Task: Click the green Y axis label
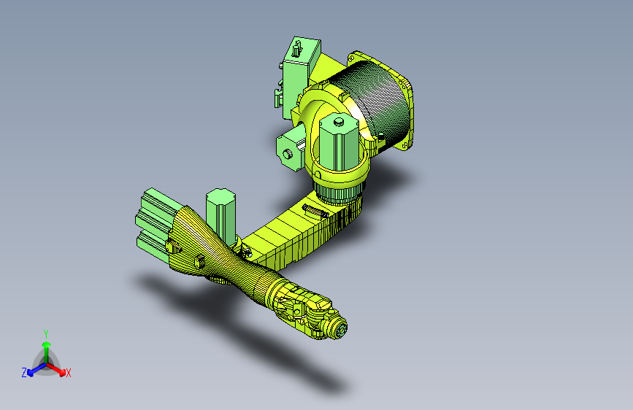point(45,333)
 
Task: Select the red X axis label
point(69,374)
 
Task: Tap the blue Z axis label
point(23,373)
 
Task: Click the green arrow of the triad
point(45,347)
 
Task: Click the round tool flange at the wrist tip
point(339,330)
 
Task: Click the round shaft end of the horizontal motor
point(287,153)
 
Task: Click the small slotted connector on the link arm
point(312,212)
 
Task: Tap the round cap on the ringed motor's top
point(338,121)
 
